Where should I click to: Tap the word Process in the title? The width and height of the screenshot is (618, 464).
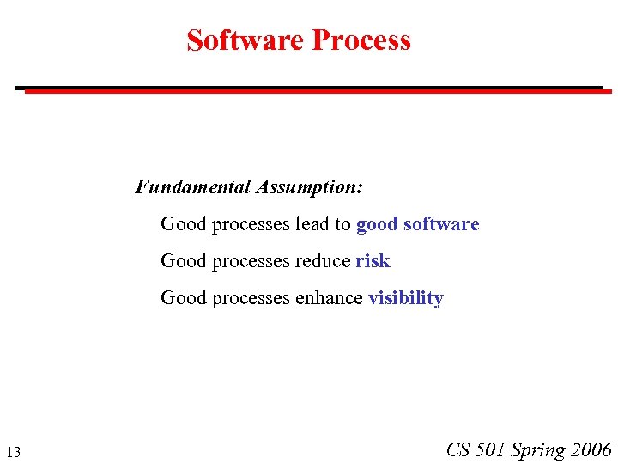[361, 40]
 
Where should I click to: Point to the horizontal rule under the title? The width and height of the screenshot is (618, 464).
[309, 89]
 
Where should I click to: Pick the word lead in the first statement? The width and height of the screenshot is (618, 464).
[312, 224]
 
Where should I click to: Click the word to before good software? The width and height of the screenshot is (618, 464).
[342, 224]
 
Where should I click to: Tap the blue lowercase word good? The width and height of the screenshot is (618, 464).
[377, 225]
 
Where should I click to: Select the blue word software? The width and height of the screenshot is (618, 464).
[441, 224]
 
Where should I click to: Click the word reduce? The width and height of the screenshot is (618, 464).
[323, 261]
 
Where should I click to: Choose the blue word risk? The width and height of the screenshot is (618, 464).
[373, 261]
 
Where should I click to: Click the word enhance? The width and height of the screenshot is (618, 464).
[329, 298]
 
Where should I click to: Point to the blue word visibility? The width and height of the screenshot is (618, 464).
[405, 298]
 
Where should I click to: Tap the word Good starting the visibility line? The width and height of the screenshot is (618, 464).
[184, 298]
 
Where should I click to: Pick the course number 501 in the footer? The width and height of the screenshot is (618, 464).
[491, 449]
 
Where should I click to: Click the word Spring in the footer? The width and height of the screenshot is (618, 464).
[537, 450]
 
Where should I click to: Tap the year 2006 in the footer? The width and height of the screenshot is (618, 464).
[591, 449]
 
